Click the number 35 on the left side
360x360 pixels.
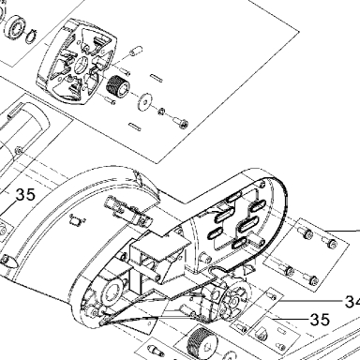click(x=25, y=195)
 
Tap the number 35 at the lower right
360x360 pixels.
click(x=320, y=320)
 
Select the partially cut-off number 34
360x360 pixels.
click(x=352, y=302)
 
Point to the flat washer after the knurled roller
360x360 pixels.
click(x=143, y=101)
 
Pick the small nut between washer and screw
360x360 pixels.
click(x=162, y=111)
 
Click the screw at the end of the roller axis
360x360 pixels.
click(x=181, y=122)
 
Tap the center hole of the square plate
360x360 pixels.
click(x=82, y=64)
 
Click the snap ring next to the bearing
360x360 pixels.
click(x=31, y=37)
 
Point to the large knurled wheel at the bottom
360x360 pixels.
click(x=201, y=343)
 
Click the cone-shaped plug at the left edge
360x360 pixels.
click(x=8, y=261)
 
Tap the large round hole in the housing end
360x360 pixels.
click(x=110, y=292)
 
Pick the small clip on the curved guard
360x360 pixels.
click(x=76, y=221)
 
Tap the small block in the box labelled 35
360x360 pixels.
click(x=261, y=334)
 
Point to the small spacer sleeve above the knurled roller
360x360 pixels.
click(x=136, y=51)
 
